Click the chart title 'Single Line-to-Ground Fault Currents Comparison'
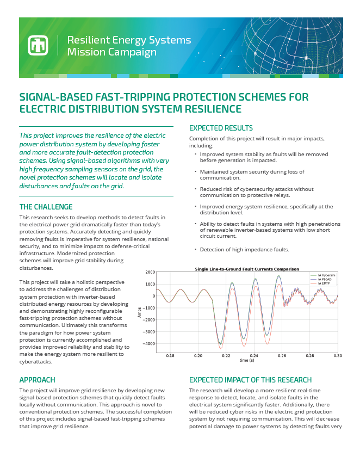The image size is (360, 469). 246,269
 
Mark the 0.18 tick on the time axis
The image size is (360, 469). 170,355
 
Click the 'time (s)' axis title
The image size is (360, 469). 247,360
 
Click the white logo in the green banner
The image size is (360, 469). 39,46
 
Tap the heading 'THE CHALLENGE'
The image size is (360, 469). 46,207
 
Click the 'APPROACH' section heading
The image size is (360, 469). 37,380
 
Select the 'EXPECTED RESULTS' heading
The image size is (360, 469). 221,128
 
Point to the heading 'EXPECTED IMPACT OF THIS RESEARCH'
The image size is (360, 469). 250,380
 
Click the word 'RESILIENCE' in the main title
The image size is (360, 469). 209,109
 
